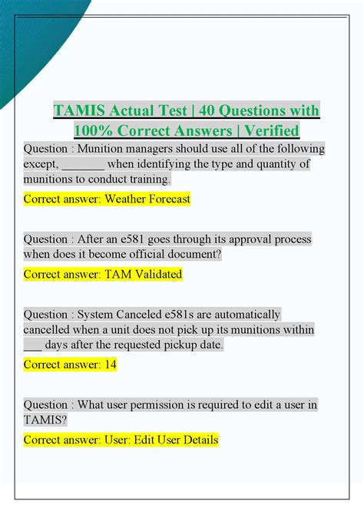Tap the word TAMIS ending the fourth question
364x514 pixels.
click(x=45, y=420)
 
